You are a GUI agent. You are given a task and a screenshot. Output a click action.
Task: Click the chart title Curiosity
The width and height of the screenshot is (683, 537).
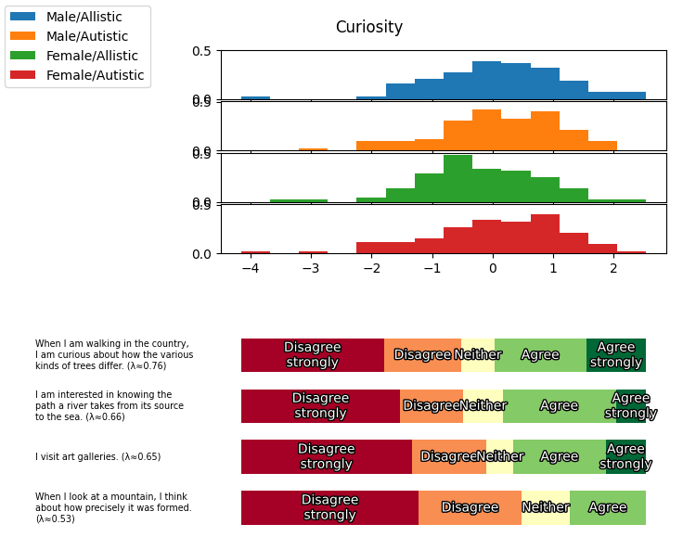(x=368, y=28)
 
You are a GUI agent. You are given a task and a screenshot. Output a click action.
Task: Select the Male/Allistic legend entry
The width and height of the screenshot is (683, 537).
(x=84, y=17)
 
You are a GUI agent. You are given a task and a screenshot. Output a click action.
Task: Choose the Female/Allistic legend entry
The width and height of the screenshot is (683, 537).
(x=91, y=56)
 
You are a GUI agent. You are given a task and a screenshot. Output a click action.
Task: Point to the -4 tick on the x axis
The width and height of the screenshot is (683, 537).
(x=250, y=269)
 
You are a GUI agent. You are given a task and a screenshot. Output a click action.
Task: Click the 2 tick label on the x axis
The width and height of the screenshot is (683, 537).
(x=613, y=269)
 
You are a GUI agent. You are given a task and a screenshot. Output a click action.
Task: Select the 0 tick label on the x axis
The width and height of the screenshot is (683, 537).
(x=493, y=269)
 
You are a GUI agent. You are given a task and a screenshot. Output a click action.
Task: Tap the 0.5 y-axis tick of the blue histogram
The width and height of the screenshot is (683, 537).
(x=202, y=51)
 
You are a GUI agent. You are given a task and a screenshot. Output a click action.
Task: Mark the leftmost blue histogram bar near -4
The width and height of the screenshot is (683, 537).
(x=255, y=97)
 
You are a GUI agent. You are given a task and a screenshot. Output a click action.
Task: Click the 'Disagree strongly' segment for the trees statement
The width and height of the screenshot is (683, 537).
(x=313, y=355)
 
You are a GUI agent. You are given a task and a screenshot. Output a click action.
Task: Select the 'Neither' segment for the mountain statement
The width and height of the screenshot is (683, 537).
(x=546, y=507)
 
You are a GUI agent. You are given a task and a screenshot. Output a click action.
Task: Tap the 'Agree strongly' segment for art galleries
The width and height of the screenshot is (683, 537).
(x=625, y=456)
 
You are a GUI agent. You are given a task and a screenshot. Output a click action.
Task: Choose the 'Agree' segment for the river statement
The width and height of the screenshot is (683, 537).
(x=559, y=406)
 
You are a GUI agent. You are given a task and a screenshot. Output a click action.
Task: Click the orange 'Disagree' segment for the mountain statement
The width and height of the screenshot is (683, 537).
(x=470, y=507)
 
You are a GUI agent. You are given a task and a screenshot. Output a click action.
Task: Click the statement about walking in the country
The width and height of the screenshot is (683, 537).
(x=114, y=354)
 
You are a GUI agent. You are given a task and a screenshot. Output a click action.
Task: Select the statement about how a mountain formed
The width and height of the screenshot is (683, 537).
(x=113, y=507)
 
